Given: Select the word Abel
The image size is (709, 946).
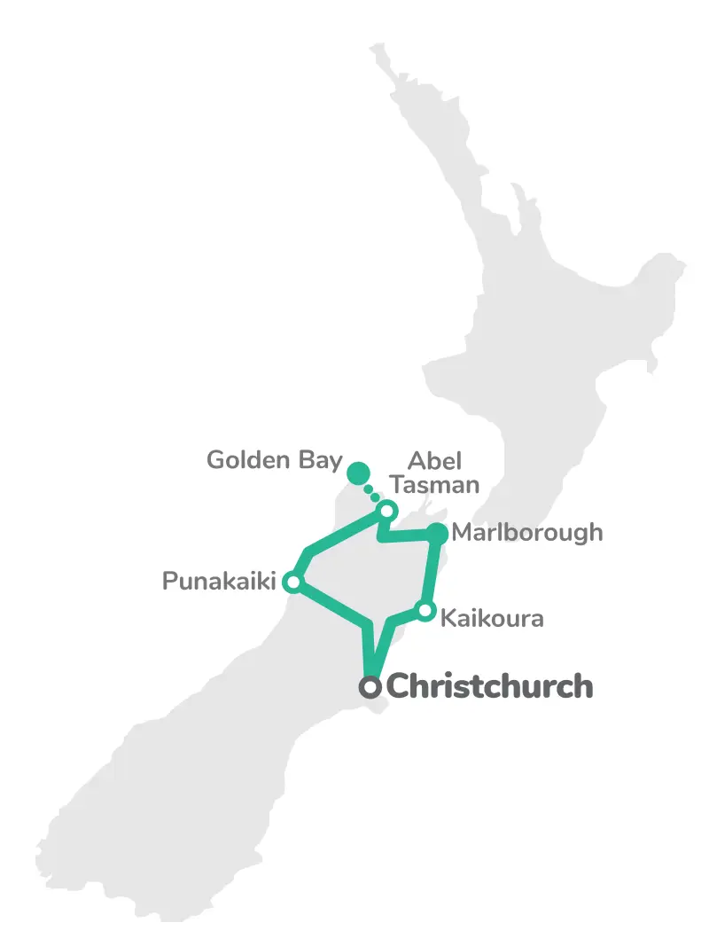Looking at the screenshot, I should point(434,461).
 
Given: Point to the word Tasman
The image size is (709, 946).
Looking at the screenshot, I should point(435,485).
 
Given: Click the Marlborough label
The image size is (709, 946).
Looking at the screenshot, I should point(526,533).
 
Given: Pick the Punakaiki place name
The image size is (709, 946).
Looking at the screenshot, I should point(217,582).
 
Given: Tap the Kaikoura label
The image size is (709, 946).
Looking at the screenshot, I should point(492,617).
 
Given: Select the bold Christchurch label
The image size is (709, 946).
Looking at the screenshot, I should point(490,686).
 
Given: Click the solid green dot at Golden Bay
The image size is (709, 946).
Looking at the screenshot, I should point(357,473).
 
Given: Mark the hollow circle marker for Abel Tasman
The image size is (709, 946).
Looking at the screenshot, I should point(387,511).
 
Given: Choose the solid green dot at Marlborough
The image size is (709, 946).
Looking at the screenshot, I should point(438,534).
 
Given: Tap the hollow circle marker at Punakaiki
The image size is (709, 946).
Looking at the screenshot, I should point(292,582).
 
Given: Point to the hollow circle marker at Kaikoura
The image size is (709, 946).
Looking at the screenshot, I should point(425,611).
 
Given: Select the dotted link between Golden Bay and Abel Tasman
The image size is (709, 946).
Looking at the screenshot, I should point(373,493).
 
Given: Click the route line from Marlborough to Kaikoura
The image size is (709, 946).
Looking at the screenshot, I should point(432,572).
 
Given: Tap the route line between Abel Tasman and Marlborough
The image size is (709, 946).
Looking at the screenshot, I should point(409,535).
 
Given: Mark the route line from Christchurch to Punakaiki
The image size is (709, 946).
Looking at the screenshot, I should point(332,606).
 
